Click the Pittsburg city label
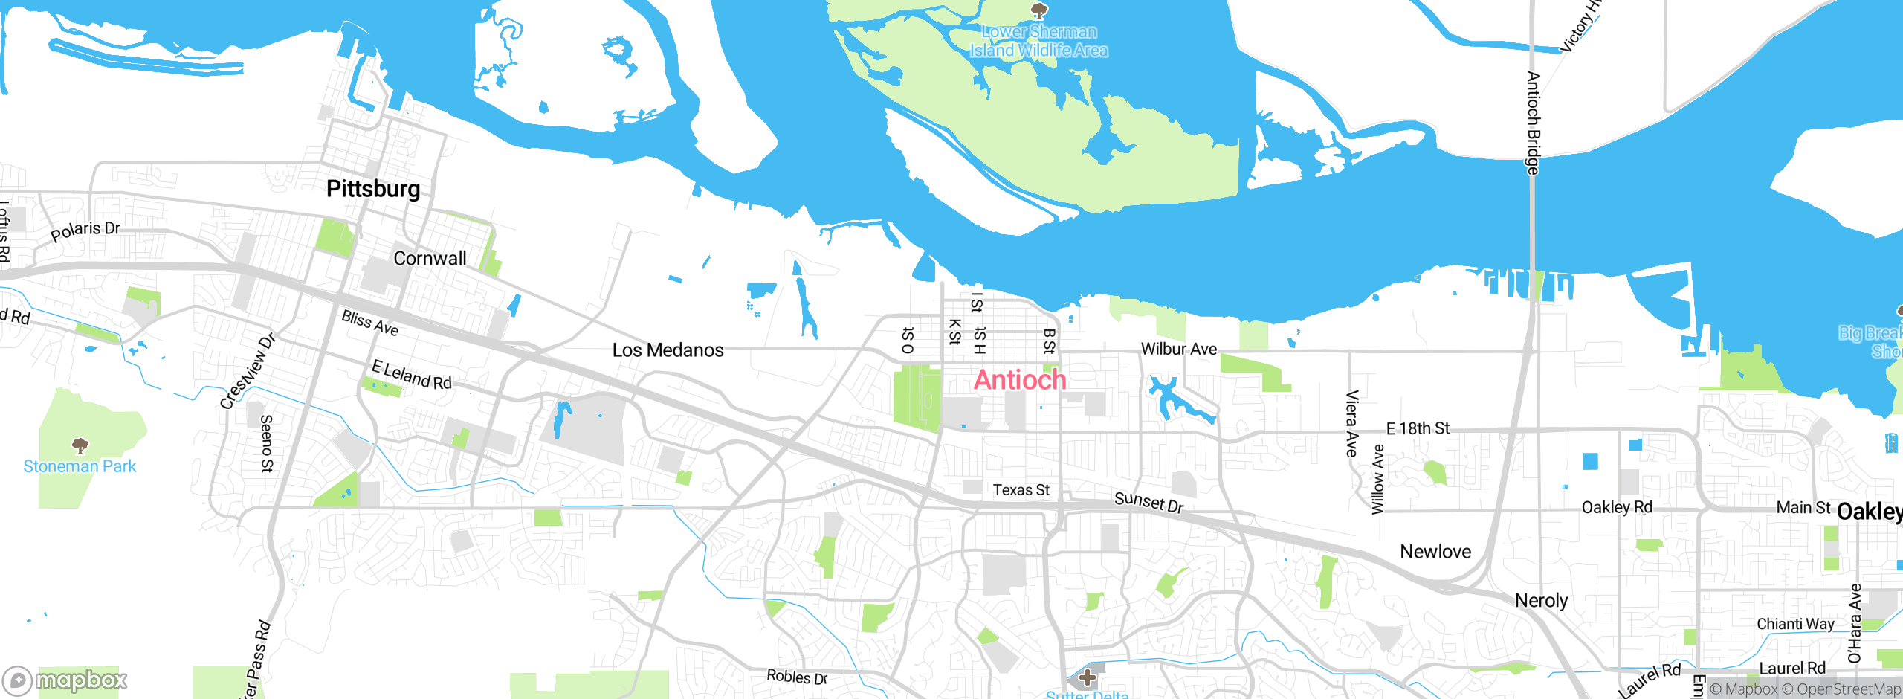(373, 189)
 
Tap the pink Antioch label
(1020, 380)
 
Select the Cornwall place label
(430, 259)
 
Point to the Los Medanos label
(668, 350)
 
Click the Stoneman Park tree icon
(80, 445)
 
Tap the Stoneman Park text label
(80, 467)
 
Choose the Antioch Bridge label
(1533, 123)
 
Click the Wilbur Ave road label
(1179, 349)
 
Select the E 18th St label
(1418, 428)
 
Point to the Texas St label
(1021, 490)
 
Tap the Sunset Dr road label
(1148, 503)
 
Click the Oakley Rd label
(1617, 507)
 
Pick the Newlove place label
(1435, 552)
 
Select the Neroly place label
(1541, 601)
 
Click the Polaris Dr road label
(85, 231)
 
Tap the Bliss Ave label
(370, 323)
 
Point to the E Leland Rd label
(411, 375)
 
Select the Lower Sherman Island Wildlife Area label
(1038, 41)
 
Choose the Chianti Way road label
(1795, 624)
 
